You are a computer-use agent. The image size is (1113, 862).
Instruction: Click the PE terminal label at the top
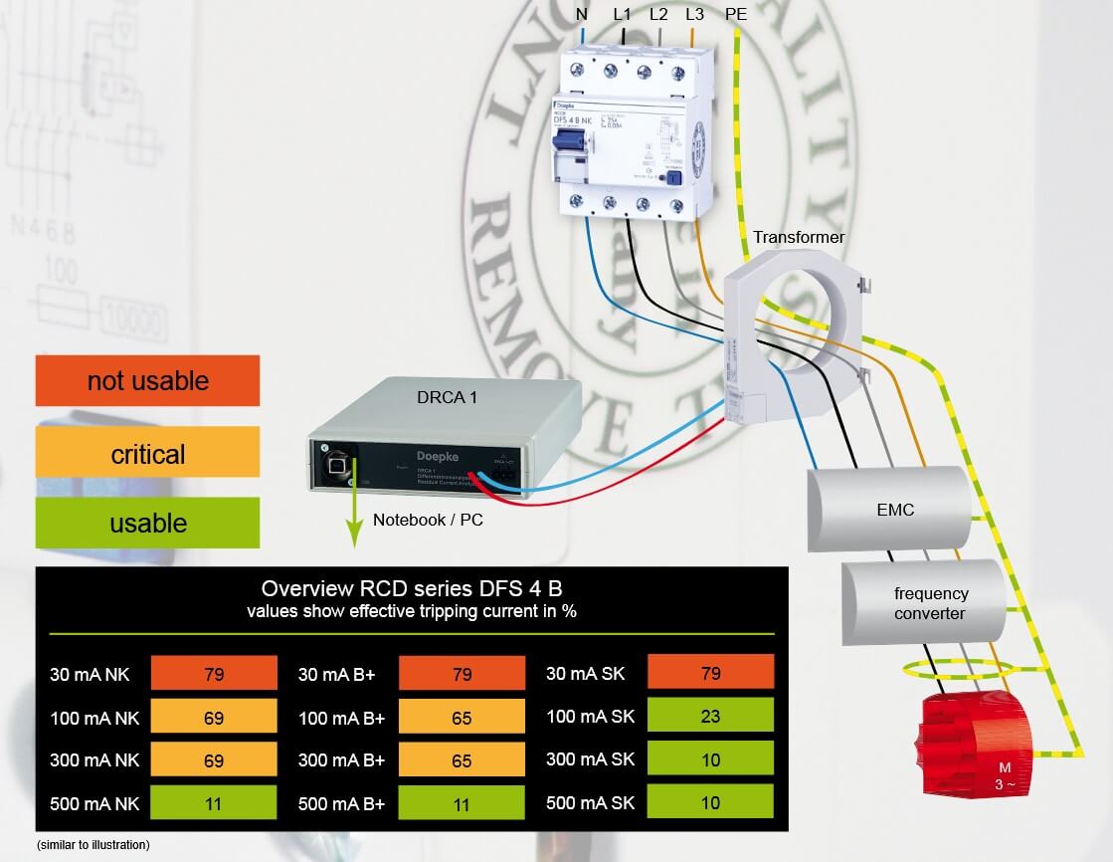coord(736,14)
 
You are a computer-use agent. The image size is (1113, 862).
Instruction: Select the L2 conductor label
coord(658,14)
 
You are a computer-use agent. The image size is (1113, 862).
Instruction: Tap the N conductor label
coord(582,14)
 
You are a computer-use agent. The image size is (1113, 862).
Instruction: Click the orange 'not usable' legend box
coord(147,380)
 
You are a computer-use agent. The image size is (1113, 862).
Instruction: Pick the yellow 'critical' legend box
coord(147,454)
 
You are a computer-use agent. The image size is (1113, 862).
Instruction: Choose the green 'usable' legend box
coord(147,523)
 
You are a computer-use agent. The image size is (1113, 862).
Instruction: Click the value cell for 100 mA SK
coord(710,716)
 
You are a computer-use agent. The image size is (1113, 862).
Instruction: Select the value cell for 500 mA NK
coord(214,802)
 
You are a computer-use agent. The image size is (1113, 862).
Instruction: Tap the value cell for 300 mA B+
coord(462,759)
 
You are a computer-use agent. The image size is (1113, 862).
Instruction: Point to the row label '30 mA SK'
coord(585,674)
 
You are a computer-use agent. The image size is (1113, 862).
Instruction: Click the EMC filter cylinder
coord(889,510)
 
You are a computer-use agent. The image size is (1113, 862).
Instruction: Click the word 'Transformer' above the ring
coord(798,237)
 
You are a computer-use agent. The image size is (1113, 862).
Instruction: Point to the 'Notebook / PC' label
coord(428,520)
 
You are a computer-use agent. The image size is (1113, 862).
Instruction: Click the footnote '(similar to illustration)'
coord(93,844)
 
